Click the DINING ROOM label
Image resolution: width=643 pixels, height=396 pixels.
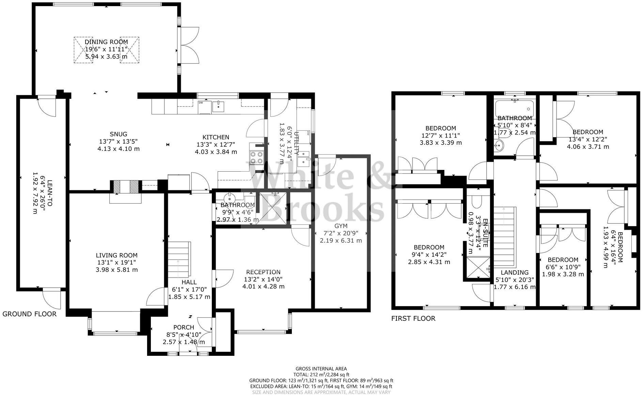click(x=106, y=42)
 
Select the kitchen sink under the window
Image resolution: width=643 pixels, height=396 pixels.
click(x=218, y=107)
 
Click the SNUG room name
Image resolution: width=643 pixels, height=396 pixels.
click(x=118, y=134)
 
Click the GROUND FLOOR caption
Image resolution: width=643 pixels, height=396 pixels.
click(x=29, y=314)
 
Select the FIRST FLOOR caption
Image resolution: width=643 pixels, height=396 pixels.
click(x=413, y=318)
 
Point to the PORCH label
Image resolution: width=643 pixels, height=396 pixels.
click(x=184, y=328)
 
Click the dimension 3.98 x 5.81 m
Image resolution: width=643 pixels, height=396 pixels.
click(x=117, y=270)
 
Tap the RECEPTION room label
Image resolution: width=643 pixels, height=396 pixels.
click(x=263, y=272)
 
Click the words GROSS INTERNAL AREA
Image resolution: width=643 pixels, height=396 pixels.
click(x=321, y=368)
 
